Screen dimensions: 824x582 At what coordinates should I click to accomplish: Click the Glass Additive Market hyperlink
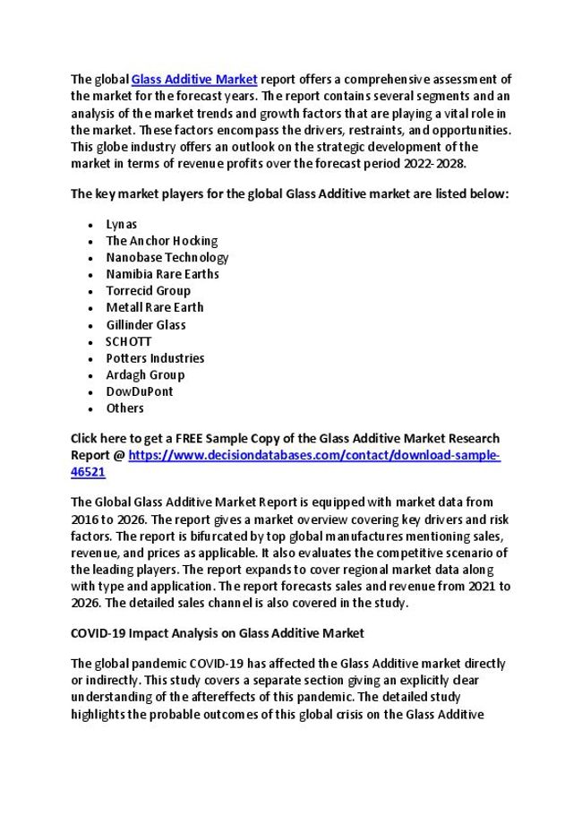(194, 80)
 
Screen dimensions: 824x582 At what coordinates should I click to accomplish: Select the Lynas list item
(121, 224)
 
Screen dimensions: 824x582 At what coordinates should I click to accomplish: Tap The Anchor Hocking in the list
(161, 241)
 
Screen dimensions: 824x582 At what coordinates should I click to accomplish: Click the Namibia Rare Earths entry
(162, 274)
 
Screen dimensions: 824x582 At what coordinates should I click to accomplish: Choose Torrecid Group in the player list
(148, 291)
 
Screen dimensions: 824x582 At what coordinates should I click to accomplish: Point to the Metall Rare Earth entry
(154, 307)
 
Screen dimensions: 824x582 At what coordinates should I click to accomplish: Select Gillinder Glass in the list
(145, 324)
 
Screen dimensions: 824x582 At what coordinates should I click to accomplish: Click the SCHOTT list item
(128, 341)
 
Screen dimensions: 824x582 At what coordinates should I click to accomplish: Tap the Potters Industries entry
(155, 358)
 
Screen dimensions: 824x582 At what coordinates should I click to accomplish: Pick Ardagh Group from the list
(145, 374)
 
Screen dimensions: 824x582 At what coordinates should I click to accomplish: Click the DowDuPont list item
(139, 391)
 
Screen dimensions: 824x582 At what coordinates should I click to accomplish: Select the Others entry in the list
(124, 408)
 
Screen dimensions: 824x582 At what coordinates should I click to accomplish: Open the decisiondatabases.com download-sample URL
(313, 455)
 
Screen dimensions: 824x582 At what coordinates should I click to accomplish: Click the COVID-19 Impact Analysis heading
(217, 633)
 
